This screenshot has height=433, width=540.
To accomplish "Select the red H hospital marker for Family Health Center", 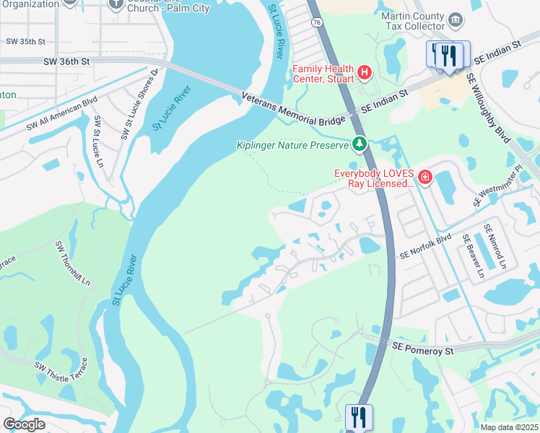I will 365,72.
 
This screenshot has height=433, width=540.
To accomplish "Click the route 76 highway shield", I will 318,63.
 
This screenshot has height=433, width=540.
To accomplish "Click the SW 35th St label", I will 25,42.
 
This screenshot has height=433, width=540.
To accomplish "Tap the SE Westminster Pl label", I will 497,187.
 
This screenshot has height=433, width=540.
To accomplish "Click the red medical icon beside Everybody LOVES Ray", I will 425,177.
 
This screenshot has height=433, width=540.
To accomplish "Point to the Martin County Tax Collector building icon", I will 455,19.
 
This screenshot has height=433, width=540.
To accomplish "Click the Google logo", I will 24,424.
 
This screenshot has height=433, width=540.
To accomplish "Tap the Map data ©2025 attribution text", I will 509,427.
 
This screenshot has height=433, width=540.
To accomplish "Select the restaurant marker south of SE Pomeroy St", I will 359,417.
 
